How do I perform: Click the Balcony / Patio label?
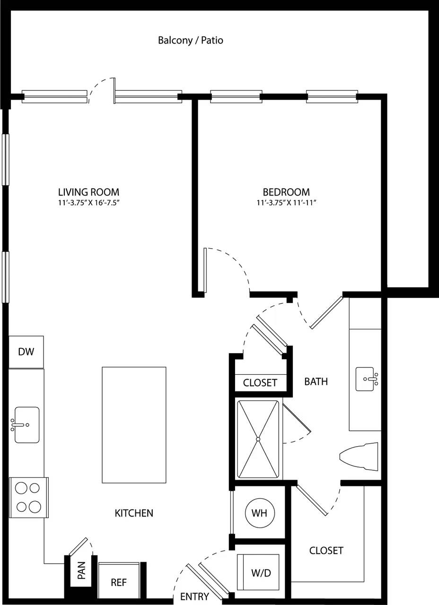coord(190,41)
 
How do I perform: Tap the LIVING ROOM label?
coord(88,192)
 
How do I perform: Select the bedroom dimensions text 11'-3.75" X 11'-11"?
coord(286,203)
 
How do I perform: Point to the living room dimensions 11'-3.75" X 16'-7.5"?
coord(88,203)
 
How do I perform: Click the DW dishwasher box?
coord(26,352)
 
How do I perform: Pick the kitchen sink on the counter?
coord(26,424)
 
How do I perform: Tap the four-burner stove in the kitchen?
coord(28,497)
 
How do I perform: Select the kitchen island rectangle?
coord(134,424)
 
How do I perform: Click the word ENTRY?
coord(194,596)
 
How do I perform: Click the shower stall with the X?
coord(258,439)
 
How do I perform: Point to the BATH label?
coord(316,381)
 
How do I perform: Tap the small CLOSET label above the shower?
coord(260,383)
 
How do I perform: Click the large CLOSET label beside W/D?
coord(326,551)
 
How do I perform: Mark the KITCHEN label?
coord(134,513)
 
